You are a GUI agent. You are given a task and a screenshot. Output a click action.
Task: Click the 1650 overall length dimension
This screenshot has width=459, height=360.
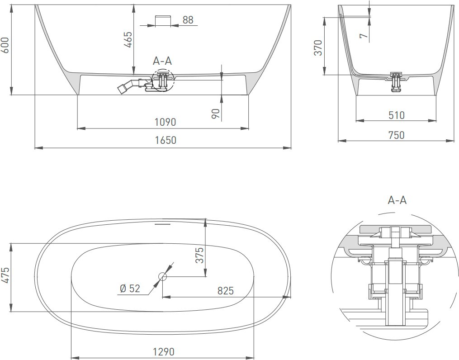click(x=166, y=140)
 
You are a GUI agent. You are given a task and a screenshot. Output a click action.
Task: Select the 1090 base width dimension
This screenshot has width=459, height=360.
click(x=166, y=122)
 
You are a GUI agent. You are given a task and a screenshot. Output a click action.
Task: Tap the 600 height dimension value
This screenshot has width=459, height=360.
click(x=5, y=45)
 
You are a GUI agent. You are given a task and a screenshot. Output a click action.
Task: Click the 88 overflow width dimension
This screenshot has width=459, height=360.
click(x=188, y=19)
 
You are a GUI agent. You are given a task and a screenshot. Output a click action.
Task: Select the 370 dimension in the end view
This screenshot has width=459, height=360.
click(x=318, y=47)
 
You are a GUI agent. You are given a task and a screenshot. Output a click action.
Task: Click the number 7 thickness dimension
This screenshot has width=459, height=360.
click(x=363, y=36)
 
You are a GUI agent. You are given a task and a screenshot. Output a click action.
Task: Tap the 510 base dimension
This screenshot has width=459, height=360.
click(x=397, y=115)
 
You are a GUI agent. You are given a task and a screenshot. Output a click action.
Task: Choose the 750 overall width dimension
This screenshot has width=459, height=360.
click(x=396, y=135)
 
